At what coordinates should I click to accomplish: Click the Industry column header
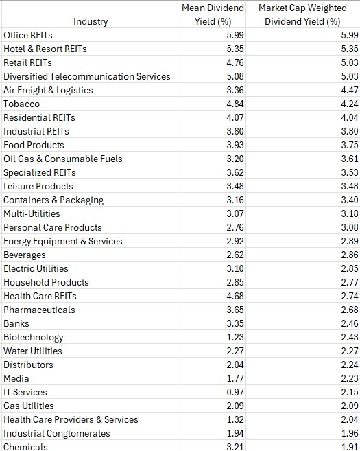[91, 21]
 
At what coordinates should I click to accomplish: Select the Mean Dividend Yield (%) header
[213, 14]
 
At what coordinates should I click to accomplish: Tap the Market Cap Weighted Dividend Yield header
[302, 14]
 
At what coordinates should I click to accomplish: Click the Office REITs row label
[28, 35]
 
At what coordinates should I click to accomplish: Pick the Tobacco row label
[21, 104]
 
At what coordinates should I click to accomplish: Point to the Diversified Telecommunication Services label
[87, 76]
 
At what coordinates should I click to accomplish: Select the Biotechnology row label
[34, 337]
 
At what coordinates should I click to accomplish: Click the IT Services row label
[25, 392]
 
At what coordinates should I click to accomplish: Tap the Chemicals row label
[25, 447]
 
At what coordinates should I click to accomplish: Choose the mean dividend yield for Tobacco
[235, 104]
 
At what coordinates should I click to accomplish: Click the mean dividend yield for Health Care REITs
[235, 296]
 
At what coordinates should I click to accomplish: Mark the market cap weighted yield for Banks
[350, 323]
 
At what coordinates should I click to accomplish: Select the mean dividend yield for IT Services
[235, 392]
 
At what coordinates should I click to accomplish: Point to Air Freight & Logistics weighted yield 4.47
[350, 90]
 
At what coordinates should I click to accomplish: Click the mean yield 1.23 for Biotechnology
[235, 337]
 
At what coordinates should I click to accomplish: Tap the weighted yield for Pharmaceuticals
[350, 310]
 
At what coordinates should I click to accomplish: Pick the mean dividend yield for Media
[235, 378]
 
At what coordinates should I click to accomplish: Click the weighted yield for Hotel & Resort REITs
[350, 49]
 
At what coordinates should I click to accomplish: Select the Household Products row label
[46, 282]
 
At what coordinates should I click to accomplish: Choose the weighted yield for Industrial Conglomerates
[350, 433]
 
